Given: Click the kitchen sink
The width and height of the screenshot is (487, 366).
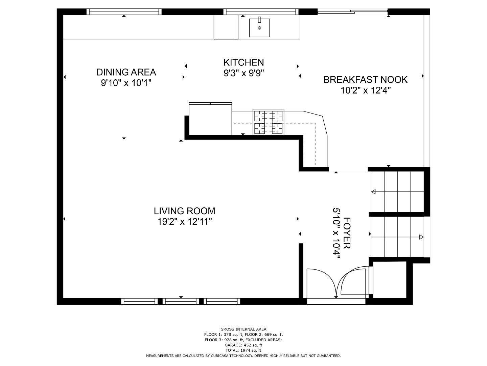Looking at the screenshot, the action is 259,27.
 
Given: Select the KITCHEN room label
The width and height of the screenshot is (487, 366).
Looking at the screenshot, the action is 243,62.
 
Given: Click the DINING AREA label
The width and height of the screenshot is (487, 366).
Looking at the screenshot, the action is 126,72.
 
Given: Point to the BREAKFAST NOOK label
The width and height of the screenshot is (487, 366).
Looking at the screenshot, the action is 365,80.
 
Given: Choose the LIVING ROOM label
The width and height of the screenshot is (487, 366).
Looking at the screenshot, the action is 185,211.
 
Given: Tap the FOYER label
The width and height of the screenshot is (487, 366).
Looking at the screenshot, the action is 347,233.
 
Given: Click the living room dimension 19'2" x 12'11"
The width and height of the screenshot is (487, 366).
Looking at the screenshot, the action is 185,222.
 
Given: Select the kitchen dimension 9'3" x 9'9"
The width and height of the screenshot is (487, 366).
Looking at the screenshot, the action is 243,73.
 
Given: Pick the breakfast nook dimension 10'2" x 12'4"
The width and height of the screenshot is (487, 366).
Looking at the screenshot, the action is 365,90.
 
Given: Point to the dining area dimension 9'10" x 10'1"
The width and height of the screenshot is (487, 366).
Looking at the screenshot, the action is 126,83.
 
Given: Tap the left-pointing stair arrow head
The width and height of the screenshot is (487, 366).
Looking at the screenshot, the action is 373,191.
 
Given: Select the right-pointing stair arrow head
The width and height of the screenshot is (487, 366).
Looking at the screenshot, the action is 421,237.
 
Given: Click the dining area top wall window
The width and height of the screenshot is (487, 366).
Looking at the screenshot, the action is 124,12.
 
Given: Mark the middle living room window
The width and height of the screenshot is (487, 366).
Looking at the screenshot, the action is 181,301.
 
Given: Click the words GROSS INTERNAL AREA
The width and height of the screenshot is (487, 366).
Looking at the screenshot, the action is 243,329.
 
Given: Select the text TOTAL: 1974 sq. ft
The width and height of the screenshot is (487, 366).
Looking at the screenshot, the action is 243,350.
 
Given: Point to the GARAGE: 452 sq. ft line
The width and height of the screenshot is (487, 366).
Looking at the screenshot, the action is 243,345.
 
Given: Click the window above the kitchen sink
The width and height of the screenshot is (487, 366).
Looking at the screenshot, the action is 261,12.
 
